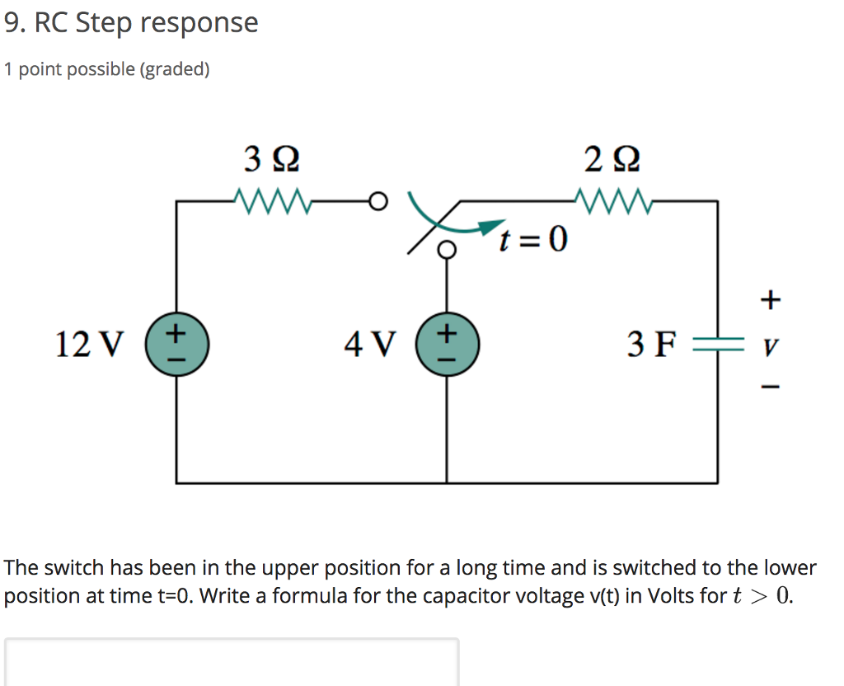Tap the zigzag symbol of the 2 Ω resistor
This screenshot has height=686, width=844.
tap(614, 200)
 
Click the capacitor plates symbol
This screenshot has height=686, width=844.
tap(716, 344)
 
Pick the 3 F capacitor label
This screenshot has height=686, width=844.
tap(651, 344)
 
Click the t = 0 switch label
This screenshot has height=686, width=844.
tap(532, 240)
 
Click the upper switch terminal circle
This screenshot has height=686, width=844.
tap(377, 200)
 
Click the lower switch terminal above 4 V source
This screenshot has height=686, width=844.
tap(447, 249)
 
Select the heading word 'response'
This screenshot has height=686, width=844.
tap(199, 22)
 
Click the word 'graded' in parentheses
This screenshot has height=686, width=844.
tap(174, 69)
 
